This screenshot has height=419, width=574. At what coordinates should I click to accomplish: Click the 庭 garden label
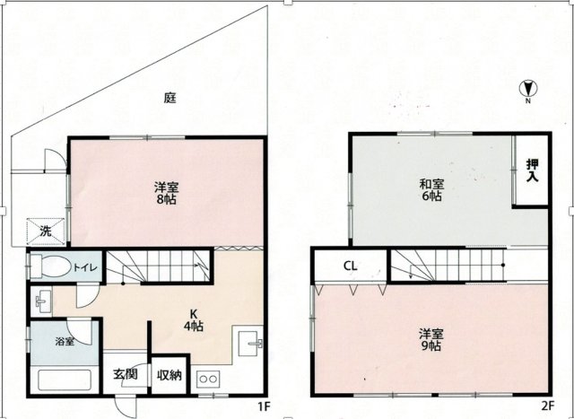pos(170,98)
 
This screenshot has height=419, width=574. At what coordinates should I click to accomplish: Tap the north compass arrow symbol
pos(528,88)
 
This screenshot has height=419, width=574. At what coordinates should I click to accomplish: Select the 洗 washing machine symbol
pos(46,231)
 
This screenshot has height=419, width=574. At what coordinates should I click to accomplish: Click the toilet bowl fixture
pos(50,266)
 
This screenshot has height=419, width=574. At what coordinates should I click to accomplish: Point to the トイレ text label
pos(85,267)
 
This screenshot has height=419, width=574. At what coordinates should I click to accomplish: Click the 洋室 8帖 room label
pos(166,194)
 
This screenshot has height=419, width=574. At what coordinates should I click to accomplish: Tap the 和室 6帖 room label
pos(432,189)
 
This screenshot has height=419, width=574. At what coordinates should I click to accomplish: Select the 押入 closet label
pos(532,170)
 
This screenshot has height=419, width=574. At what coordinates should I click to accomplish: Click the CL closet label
pos(351,266)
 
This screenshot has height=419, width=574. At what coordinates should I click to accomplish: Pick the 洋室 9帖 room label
pos(431,340)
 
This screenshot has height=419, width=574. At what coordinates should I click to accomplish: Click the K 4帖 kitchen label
pos(194,319)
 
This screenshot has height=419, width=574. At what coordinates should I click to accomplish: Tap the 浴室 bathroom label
pos(65,341)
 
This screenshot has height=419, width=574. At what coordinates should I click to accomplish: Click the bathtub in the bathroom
pos(65,380)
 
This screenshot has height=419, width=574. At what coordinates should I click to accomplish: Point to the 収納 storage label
pos(170,375)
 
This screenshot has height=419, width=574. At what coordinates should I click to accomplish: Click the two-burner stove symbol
pos(208,380)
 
